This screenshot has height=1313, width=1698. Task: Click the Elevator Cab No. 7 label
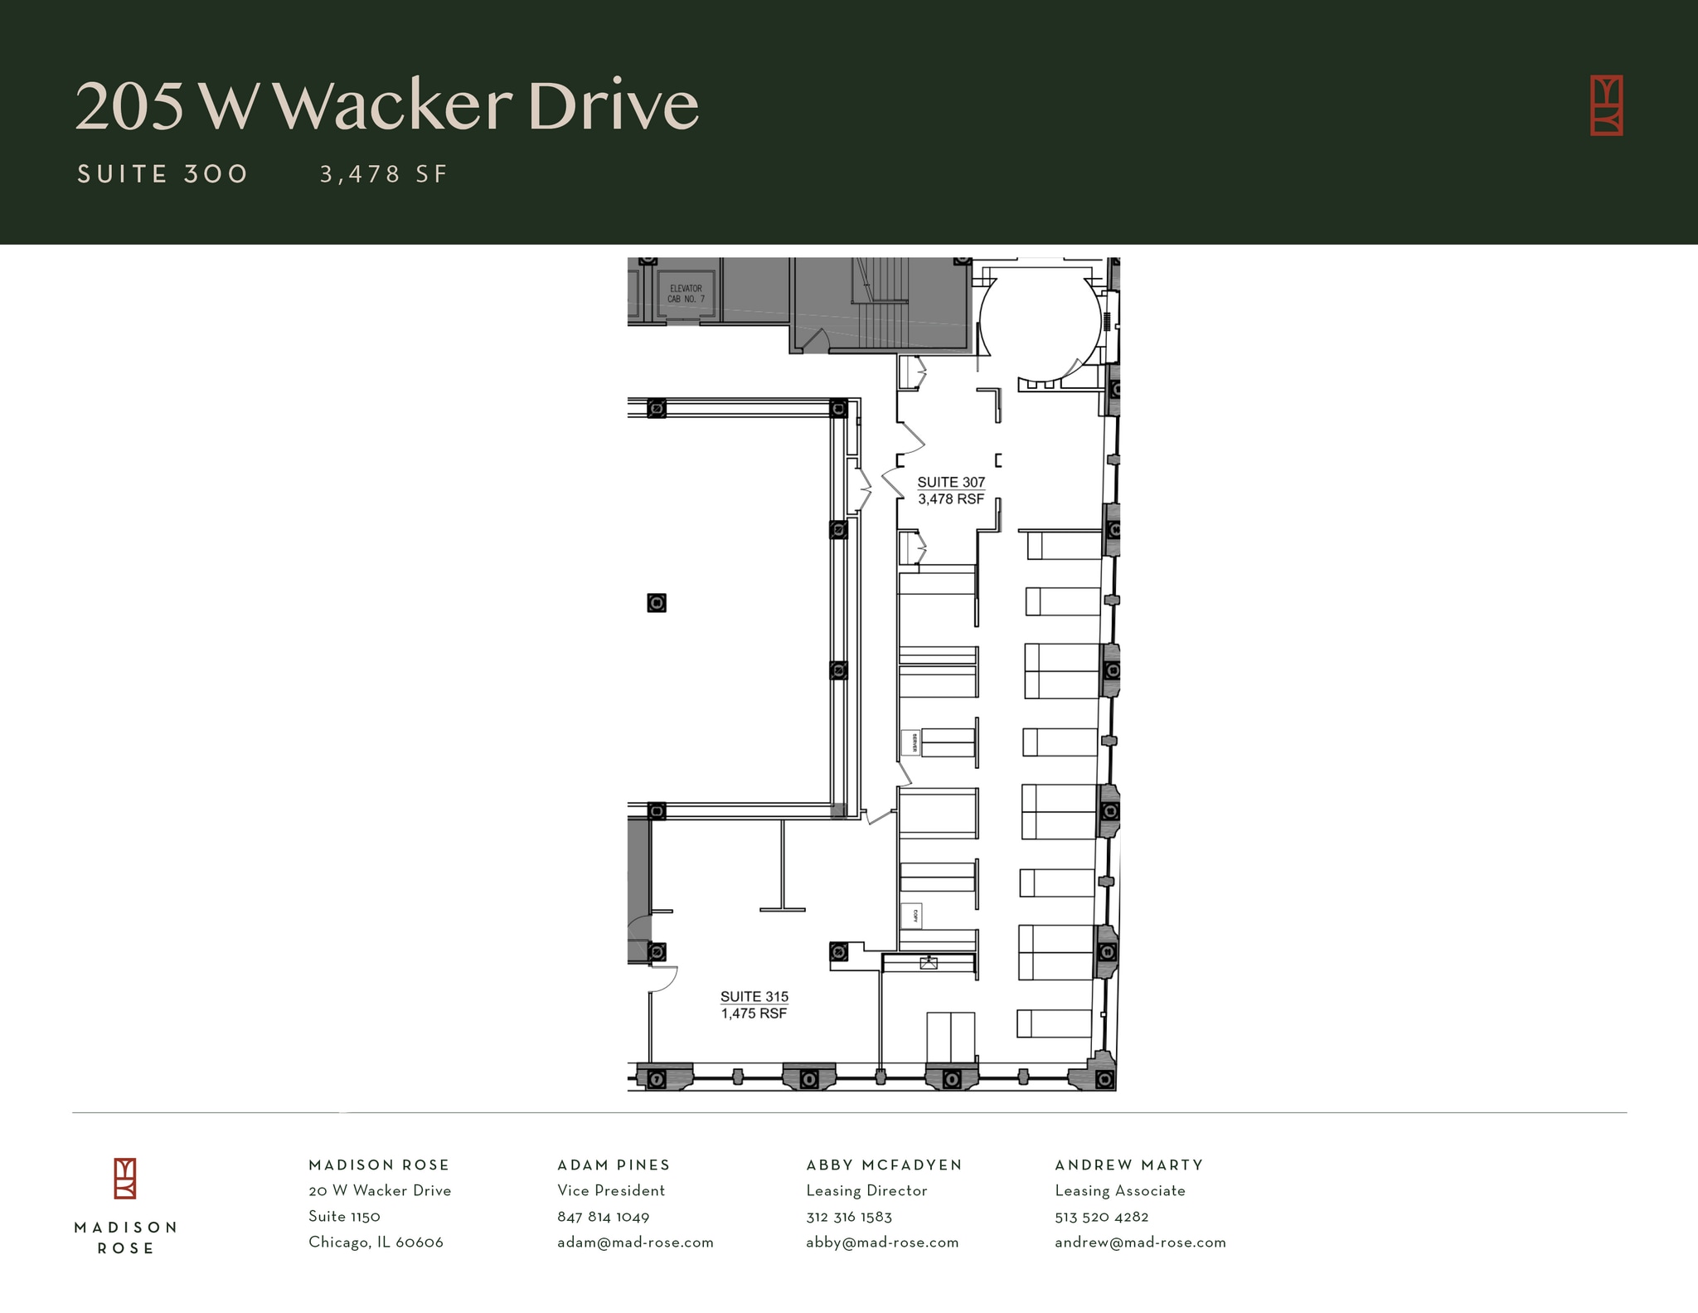686,294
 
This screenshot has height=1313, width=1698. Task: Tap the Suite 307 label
951,482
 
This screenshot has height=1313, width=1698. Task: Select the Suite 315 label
754,997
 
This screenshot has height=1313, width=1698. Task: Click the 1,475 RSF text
754,1014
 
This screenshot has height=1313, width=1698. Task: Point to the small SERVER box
910,742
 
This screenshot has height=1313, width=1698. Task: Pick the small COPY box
912,916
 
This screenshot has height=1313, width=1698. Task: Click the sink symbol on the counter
929,963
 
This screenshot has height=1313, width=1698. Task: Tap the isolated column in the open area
657,603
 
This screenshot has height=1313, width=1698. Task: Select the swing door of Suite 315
663,980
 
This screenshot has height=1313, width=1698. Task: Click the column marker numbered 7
657,1079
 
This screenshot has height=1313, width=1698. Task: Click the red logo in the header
1606,105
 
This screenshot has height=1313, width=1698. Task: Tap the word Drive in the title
613,106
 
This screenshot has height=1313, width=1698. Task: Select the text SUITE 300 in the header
163,174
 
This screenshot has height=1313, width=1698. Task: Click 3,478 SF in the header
384,174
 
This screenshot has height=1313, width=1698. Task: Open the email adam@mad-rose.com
635,1242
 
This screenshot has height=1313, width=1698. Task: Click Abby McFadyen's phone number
849,1217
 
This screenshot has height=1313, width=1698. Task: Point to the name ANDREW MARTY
1128,1165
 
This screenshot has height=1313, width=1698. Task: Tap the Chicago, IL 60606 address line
376,1242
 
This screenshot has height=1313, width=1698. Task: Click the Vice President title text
611,1191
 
